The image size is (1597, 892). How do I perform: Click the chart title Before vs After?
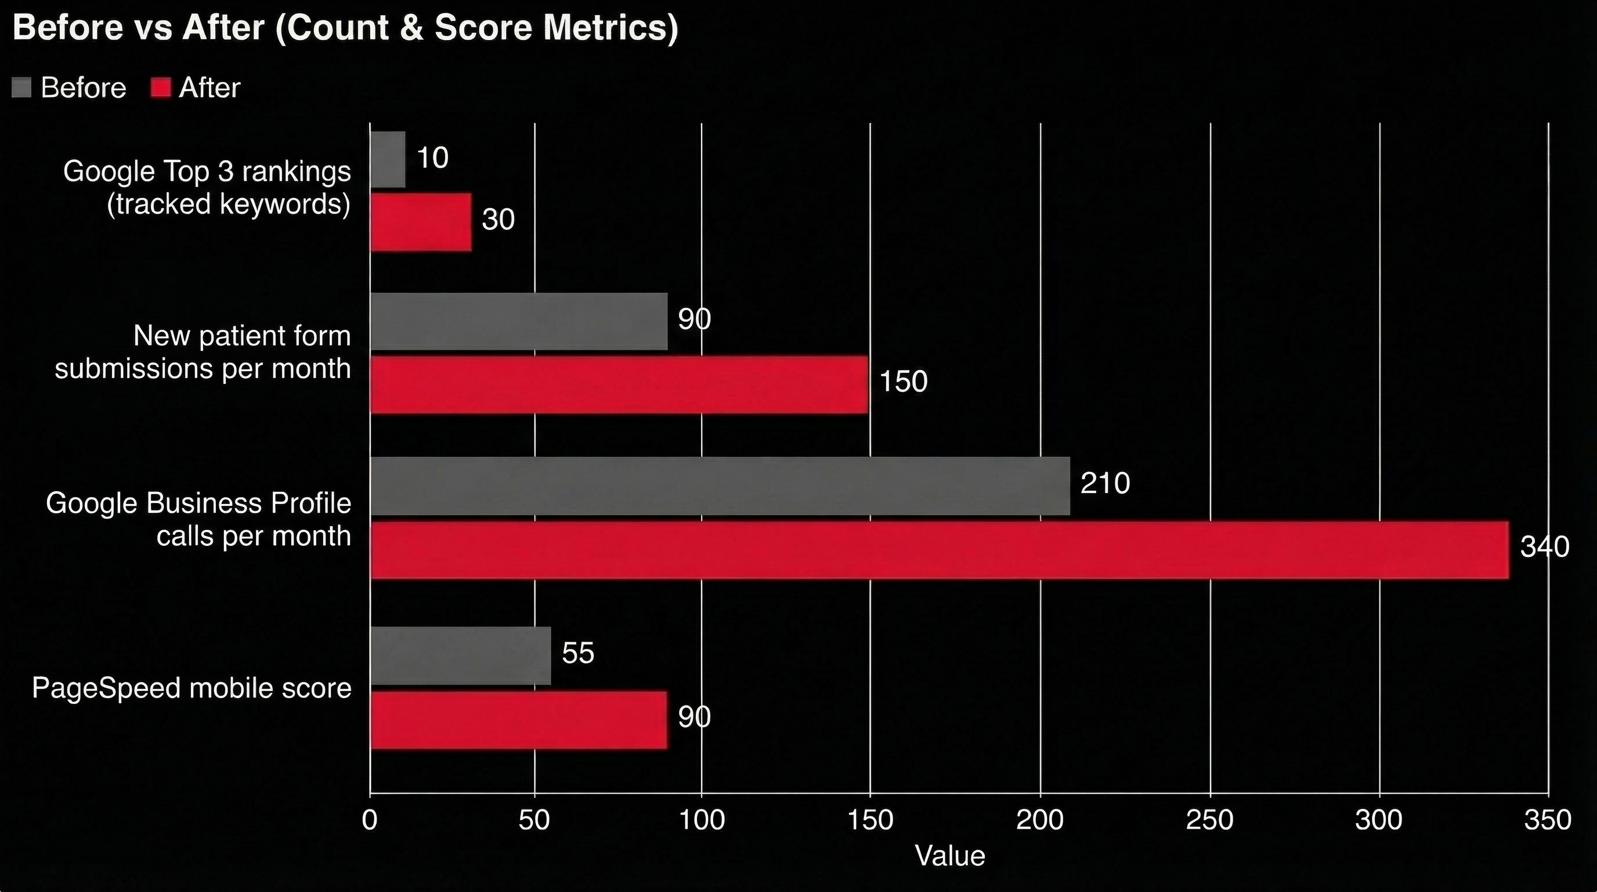345,28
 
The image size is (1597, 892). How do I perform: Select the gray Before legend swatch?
21,88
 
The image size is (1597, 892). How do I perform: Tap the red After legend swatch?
161,88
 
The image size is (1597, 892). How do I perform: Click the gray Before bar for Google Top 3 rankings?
388,160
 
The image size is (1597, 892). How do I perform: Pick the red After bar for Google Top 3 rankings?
420,222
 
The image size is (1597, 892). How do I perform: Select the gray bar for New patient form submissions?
518,321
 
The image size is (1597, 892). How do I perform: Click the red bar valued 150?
619,384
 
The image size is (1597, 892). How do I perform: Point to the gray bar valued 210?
719,485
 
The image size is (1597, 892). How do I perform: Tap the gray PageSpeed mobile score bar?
460,656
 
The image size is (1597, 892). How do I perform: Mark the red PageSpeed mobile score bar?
518,720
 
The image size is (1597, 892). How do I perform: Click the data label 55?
578,653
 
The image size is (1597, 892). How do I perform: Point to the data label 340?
1544,547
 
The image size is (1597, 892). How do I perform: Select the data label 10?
432,157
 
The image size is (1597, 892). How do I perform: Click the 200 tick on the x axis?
1040,820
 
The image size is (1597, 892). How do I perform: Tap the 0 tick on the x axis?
370,820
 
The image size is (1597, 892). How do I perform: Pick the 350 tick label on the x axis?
1548,820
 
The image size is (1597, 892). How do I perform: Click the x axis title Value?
950,856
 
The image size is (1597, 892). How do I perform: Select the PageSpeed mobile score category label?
192,688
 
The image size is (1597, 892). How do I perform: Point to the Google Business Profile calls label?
198,519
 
